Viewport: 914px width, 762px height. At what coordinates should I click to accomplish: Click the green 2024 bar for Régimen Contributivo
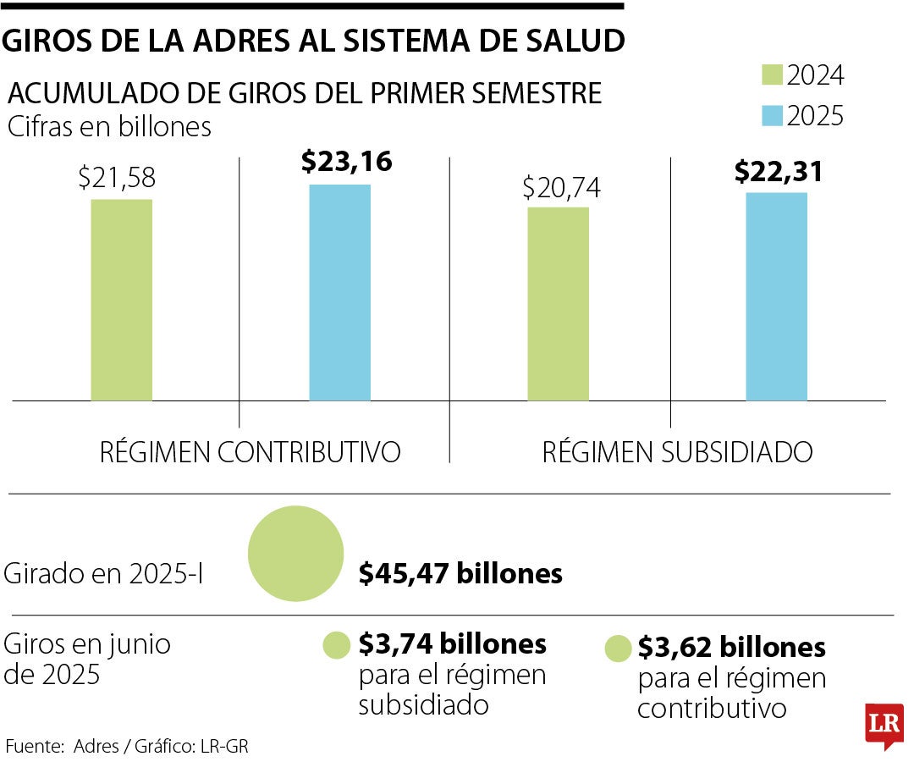122,300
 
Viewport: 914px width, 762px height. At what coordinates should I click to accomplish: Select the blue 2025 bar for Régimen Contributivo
339,292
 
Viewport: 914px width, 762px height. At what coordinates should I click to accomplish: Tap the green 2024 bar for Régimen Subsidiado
558,303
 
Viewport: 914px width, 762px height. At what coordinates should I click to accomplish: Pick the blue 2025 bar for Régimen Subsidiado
776,296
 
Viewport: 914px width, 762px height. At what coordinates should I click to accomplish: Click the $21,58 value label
117,179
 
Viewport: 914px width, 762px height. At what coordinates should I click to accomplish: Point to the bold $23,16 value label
347,161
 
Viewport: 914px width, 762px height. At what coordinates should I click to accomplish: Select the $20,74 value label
561,187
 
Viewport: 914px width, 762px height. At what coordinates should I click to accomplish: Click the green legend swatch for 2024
771,75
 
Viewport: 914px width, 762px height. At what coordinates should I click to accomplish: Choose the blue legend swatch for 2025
771,114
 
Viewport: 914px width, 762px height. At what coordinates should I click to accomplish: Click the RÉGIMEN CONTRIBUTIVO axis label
250,452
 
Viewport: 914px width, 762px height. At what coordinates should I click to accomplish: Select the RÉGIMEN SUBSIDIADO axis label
677,452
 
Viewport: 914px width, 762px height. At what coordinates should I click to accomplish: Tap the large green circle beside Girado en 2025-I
295,553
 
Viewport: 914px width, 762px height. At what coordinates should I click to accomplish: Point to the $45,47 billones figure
460,573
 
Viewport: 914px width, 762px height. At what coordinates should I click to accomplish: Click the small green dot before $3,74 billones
336,646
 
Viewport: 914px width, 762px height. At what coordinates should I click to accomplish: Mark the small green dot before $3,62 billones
618,649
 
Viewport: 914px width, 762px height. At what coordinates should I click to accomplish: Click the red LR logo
884,725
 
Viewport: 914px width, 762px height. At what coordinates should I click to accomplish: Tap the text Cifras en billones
109,127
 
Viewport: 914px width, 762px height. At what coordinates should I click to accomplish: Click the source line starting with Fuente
127,746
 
